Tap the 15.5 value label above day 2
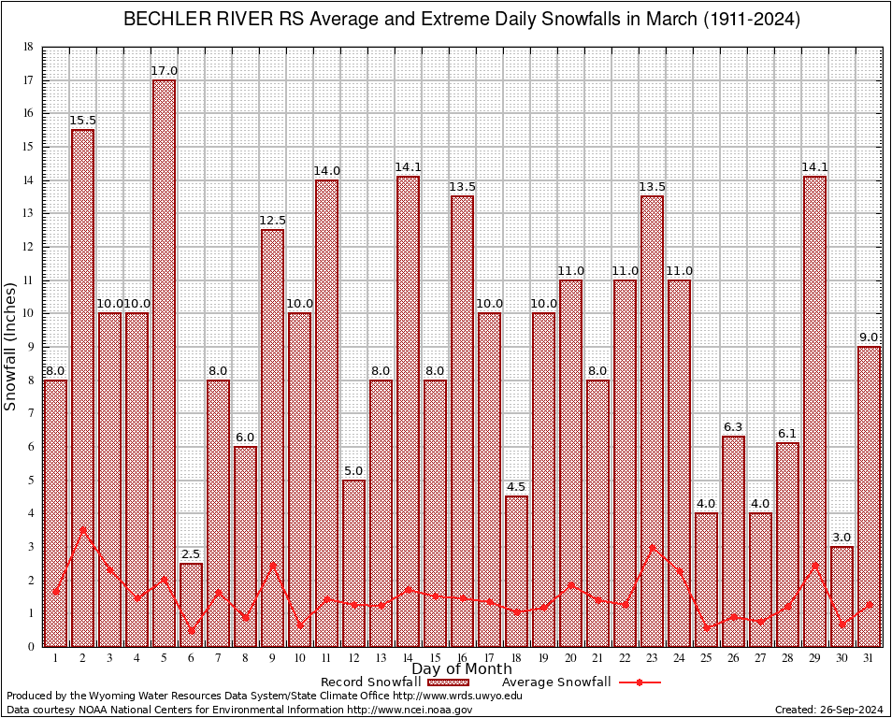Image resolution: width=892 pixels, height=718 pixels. pos(82,121)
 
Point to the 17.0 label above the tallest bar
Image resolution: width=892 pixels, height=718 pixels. pos(164,71)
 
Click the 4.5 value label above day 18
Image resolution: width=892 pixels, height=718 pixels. pos(516,487)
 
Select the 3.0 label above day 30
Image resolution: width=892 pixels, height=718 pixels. pos(842,538)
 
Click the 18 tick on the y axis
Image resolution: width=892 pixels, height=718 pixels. pos(28,47)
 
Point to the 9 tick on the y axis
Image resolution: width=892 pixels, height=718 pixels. pos(30,347)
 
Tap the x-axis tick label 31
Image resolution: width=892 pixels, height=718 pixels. pos(869,658)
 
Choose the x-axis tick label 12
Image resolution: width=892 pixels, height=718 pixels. pos(353,658)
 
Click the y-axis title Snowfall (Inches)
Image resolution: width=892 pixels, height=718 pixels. pos(10,346)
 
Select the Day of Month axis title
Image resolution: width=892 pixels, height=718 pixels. pos(461,669)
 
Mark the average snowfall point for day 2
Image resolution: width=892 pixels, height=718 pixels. pos(82,529)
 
